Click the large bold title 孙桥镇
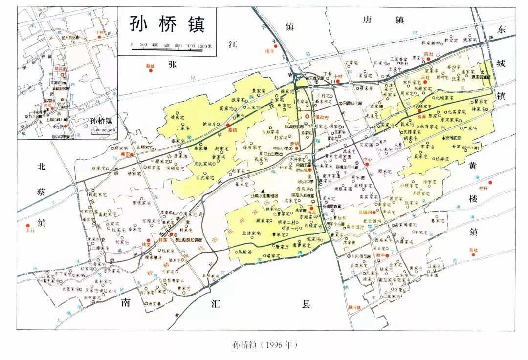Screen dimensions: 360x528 pyautogui.click(x=167, y=24)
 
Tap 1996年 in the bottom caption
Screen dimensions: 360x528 pyautogui.click(x=279, y=344)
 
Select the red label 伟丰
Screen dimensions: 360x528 pyautogui.click(x=270, y=51)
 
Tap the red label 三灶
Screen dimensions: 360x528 pyautogui.click(x=424, y=77)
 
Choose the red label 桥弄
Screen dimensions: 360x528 pyautogui.click(x=421, y=117)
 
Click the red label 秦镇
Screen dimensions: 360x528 pyautogui.click(x=232, y=131)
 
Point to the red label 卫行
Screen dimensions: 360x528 pyautogui.click(x=29, y=231)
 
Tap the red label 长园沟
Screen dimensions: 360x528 pyautogui.click(x=365, y=212)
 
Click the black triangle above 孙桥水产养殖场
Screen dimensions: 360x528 pyautogui.click(x=263, y=191)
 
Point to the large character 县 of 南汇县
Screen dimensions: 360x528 pyautogui.click(x=306, y=304)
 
